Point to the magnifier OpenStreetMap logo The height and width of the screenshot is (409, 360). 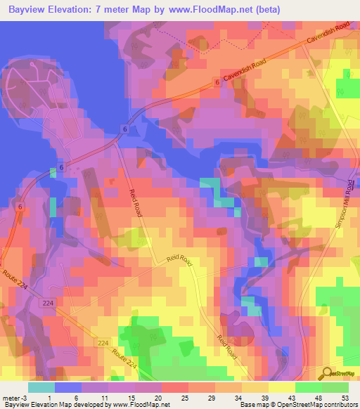(326, 373)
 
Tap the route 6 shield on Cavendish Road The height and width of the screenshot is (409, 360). (217, 83)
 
